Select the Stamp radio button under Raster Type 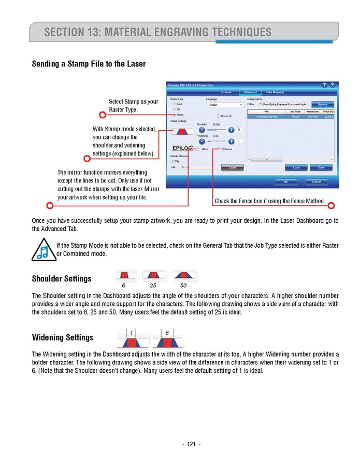click(174, 115)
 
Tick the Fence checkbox click(223, 149)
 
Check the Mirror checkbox click(197, 149)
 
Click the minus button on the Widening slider click(202, 141)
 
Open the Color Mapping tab click(275, 92)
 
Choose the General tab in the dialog click(226, 92)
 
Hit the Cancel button click(316, 181)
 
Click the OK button click(286, 181)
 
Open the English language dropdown click(225, 105)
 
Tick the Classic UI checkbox click(219, 116)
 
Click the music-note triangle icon click(43, 249)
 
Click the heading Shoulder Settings click(62, 279)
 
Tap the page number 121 click(191, 444)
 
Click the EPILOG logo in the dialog click(182, 148)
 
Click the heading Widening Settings click(63, 337)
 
